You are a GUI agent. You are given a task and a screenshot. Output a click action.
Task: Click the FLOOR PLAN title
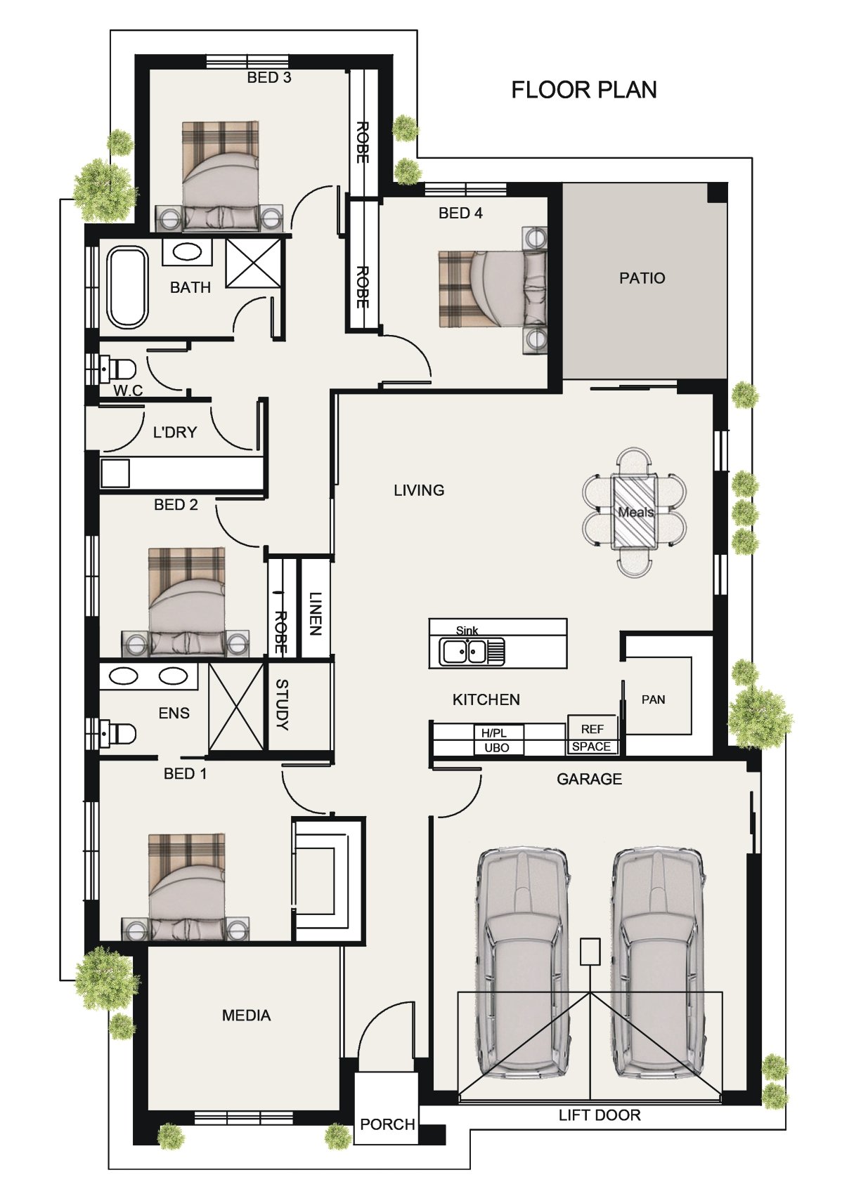point(584,90)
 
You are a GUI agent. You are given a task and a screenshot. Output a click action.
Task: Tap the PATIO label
point(642,278)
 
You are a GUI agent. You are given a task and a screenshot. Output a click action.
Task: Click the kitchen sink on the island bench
point(471,652)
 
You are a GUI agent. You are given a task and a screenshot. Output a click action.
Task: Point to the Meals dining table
point(634,511)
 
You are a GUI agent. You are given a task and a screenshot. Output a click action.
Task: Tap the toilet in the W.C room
point(118,368)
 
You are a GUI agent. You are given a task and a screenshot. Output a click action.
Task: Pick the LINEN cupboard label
point(315,613)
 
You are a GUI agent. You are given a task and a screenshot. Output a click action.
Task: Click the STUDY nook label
point(282,704)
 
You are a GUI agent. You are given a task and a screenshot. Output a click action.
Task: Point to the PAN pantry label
point(653,699)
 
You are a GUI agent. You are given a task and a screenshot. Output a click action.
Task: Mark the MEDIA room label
point(246,1016)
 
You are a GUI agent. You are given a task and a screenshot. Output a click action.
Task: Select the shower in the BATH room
point(253,263)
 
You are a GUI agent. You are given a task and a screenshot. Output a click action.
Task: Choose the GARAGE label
point(589,779)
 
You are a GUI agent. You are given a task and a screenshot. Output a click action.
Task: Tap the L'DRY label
point(175,432)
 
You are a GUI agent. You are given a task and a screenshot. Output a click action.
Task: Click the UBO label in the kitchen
point(496,748)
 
